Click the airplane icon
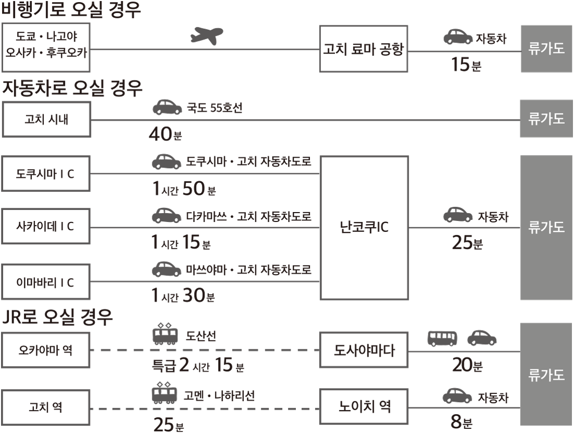tap(207, 36)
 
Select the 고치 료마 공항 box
tap(364, 49)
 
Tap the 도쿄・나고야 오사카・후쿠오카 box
tap(46, 48)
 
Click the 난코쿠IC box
tap(364, 228)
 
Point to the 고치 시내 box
tap(46, 120)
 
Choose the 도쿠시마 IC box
tap(46, 173)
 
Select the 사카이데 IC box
tap(46, 226)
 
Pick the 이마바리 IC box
tap(46, 283)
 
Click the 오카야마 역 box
tap(46, 350)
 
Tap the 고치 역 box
tap(46, 407)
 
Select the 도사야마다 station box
tap(364, 350)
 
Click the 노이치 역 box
tap(364, 407)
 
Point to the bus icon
tap(442, 338)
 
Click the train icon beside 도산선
tap(165, 334)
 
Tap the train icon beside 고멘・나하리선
tap(164, 393)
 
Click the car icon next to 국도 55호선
tap(167, 107)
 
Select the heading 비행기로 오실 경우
tap(71, 9)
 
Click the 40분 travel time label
tap(165, 134)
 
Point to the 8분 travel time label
tap(461, 422)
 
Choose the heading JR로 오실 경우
tap(57, 317)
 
